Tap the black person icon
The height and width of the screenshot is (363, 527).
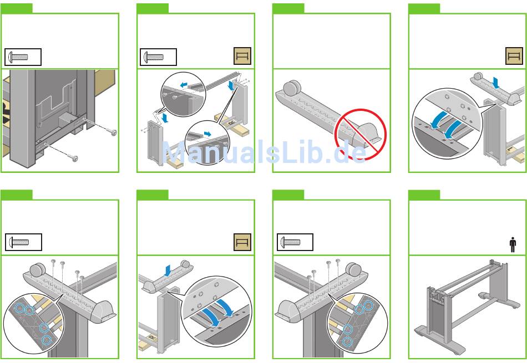point(512,244)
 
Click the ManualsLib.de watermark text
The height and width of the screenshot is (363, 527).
point(263,151)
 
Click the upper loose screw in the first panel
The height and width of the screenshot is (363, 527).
point(114,132)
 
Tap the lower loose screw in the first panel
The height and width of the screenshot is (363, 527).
point(74,159)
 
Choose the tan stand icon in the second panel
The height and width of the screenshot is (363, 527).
point(243,57)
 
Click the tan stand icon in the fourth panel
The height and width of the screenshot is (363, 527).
point(514,57)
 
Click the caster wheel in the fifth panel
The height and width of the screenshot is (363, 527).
point(37,270)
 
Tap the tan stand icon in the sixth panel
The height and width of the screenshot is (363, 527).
point(243,242)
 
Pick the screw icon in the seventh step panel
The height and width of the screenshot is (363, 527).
point(295,242)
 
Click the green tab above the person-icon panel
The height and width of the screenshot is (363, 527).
point(424,195)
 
